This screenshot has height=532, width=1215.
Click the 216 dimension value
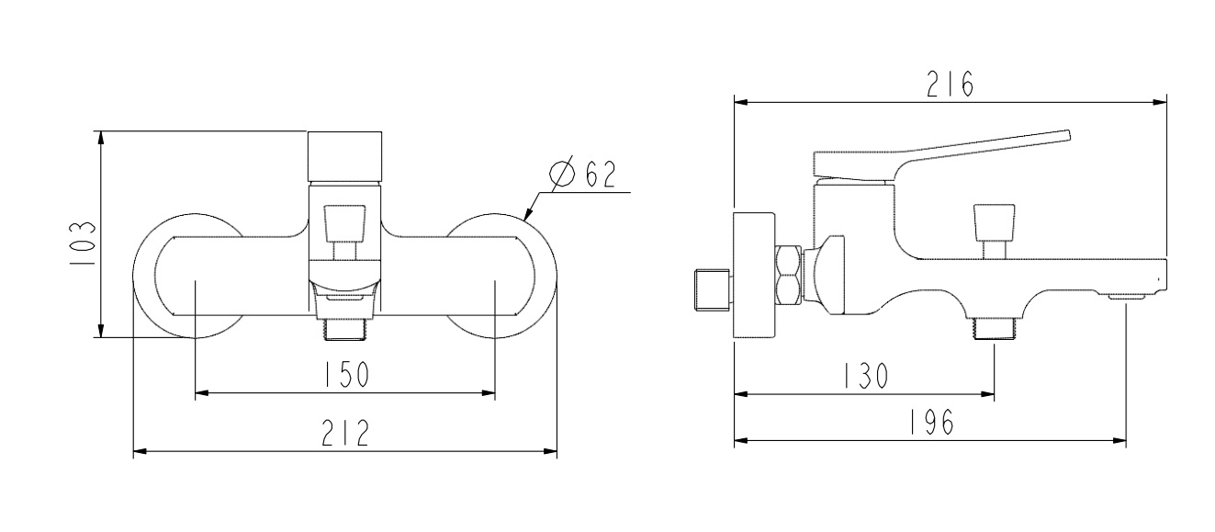coord(950,85)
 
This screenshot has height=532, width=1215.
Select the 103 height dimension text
coord(83,243)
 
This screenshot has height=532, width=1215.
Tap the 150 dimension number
coord(346,374)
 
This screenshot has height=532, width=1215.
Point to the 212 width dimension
coord(345,433)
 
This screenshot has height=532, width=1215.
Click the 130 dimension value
coord(866,375)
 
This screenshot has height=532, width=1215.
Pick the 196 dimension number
coord(931,422)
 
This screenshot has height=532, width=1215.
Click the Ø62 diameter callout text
coord(583,174)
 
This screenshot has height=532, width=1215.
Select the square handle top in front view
coord(345,156)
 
